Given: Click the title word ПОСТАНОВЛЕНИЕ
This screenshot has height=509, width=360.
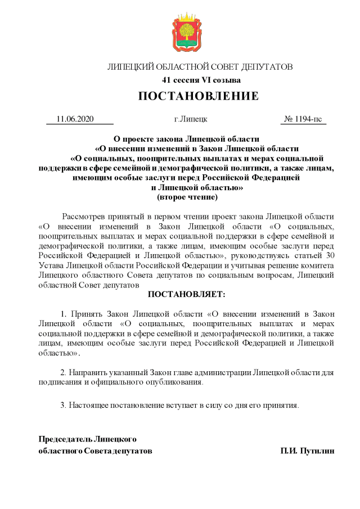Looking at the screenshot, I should [199, 96].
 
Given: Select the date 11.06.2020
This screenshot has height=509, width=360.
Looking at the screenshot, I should [75, 119].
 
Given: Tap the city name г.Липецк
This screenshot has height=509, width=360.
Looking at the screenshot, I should [191, 119].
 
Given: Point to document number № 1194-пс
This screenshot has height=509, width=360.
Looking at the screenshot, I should [303, 119].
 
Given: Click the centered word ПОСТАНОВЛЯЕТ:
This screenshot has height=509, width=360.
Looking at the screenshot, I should [186, 294].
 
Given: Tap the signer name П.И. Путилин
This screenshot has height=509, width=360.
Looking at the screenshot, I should [308, 451].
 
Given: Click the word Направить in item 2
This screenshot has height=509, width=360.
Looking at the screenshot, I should [88, 372].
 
